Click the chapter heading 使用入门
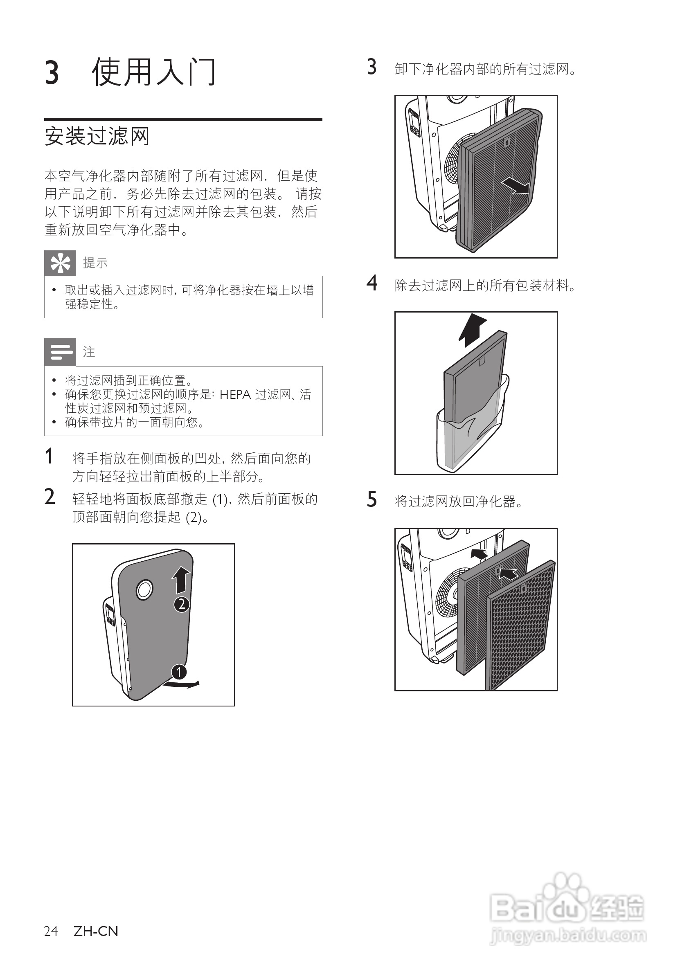[153, 72]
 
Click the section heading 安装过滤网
[97, 137]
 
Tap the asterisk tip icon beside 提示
[60, 263]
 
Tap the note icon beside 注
[60, 352]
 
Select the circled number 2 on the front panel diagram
[182, 604]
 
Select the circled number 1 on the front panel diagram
[179, 672]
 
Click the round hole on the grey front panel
[144, 589]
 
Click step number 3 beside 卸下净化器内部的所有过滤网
[372, 67]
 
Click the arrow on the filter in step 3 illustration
[515, 186]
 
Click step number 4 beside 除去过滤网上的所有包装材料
[372, 283]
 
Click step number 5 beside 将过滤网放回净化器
[372, 499]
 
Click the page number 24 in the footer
[51, 931]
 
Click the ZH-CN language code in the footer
[96, 931]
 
